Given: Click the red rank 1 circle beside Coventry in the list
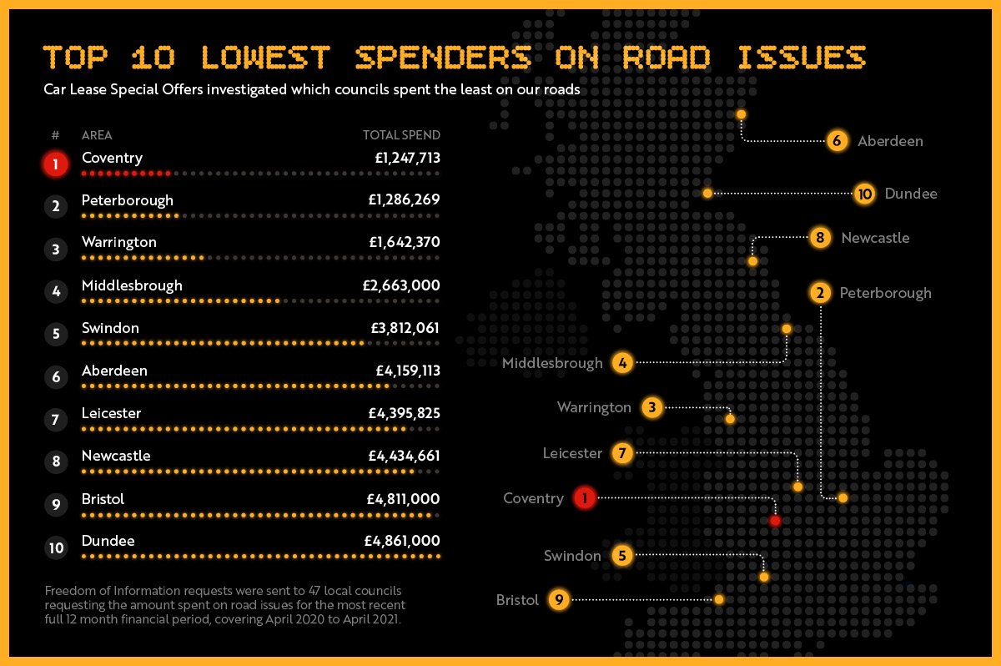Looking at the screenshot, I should point(55,164).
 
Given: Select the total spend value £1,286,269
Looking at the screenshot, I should point(404,200).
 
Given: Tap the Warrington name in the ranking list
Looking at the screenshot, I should point(119,242).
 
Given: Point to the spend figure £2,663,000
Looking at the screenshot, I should point(401,285).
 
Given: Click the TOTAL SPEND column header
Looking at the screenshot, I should point(401,135).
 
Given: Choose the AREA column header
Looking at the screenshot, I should point(97,135).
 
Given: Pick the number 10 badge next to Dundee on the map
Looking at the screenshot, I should point(865,194).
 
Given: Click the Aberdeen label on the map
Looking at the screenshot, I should point(890,141).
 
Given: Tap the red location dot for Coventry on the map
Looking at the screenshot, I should point(775,521).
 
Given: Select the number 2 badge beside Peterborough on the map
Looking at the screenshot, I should point(821,293).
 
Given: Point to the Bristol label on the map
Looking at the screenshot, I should point(517,600).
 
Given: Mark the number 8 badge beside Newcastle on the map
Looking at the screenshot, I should point(821,238).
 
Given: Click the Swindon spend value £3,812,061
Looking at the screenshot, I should point(404,328).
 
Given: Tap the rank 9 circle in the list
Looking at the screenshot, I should point(56,505).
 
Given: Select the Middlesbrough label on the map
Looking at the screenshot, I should point(552,363).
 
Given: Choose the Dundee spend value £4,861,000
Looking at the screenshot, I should point(402,541).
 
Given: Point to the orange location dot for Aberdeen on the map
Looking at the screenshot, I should point(741,114).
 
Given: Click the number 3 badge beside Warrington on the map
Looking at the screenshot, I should point(652,407).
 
